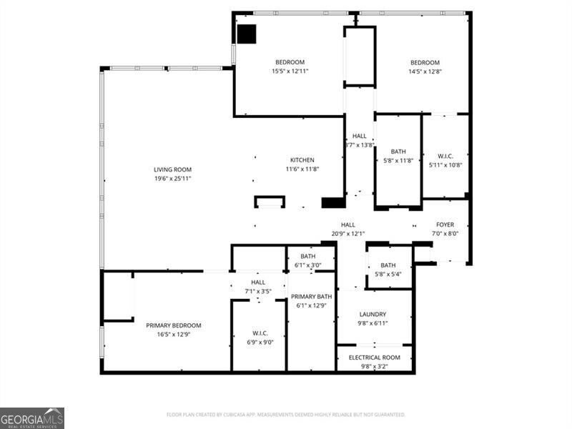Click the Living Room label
172,169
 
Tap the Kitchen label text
302,160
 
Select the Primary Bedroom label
174,325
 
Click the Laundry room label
373,314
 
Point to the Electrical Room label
374,357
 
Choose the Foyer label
445,225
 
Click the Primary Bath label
311,297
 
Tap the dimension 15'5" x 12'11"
290,71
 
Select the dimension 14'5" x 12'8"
424,71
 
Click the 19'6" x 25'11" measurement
172,178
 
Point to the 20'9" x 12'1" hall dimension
348,233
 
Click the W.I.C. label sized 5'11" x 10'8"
445,156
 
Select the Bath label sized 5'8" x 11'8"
398,152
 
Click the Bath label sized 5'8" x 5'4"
388,265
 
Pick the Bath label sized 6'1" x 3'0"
307,256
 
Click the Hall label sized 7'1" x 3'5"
258,282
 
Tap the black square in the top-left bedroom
247,34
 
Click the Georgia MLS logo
32,418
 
